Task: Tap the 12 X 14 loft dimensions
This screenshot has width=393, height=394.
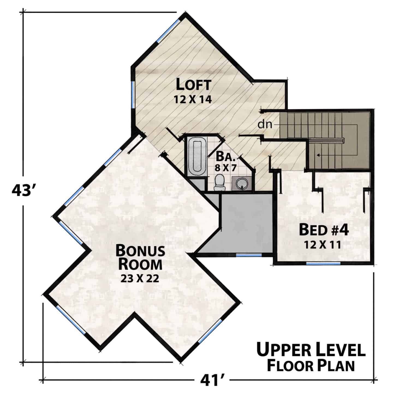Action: click(x=193, y=100)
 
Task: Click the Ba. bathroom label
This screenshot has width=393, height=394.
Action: click(x=225, y=157)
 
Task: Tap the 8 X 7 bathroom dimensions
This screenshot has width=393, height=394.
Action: click(x=225, y=168)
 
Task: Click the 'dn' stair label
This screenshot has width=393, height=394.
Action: click(x=265, y=124)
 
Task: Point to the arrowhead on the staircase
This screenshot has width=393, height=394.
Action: click(x=318, y=155)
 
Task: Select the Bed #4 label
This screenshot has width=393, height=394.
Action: click(x=324, y=230)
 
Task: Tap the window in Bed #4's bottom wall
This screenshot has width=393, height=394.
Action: click(x=323, y=264)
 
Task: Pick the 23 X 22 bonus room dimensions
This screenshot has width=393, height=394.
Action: click(x=140, y=278)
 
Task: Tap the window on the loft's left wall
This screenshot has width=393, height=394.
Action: click(x=133, y=94)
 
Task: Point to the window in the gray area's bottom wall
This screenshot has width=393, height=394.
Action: click(x=249, y=255)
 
